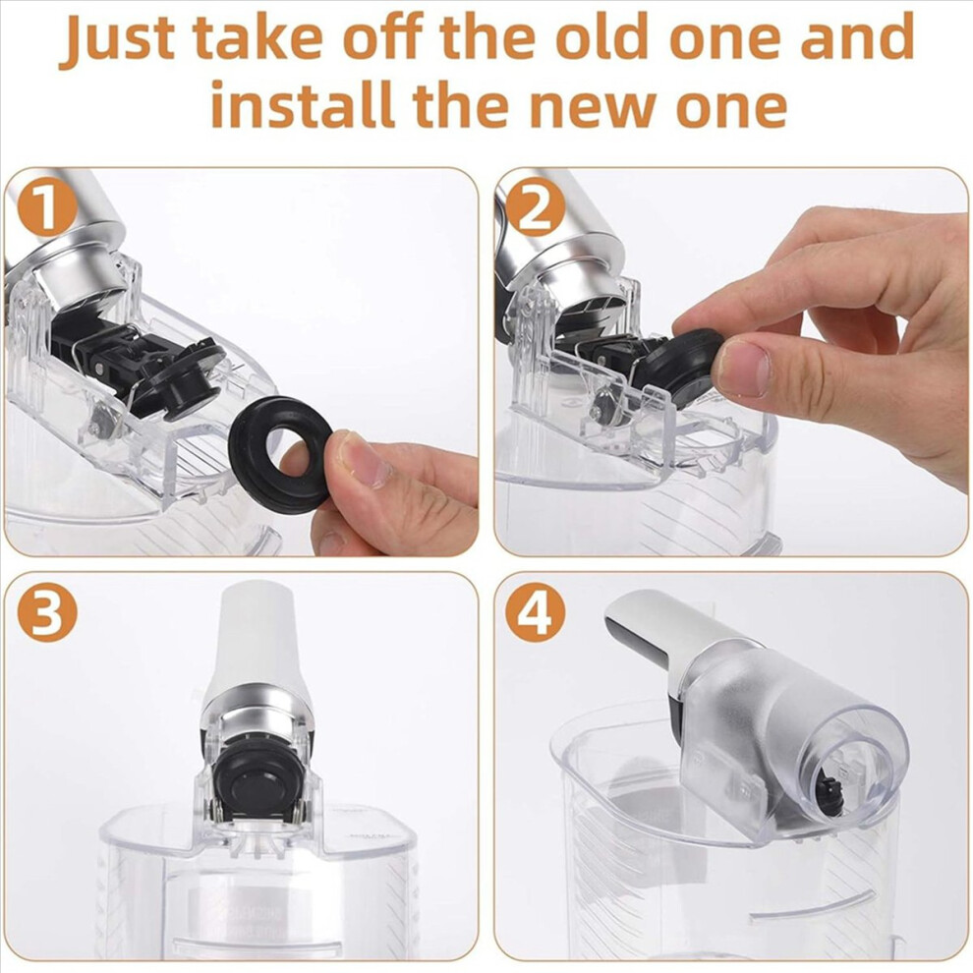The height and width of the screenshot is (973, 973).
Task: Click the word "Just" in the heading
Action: [x=116, y=38]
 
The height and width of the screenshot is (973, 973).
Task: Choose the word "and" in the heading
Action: [x=857, y=37]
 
